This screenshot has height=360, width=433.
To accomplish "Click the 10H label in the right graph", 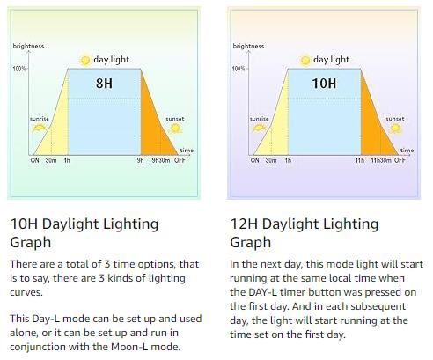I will (325, 85).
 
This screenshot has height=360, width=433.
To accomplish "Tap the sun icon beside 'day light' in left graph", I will (85, 59).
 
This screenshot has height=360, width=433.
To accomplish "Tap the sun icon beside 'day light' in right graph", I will (305, 59).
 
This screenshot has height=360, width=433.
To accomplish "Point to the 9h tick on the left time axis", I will (140, 161).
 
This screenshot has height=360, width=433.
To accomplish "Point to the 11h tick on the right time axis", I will (360, 161).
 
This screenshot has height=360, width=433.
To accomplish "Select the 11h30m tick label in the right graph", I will (379, 161).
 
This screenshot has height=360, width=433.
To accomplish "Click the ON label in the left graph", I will (35, 161).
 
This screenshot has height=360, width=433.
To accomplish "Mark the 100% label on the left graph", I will (19, 68).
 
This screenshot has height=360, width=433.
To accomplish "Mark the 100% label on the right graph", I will (239, 68).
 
